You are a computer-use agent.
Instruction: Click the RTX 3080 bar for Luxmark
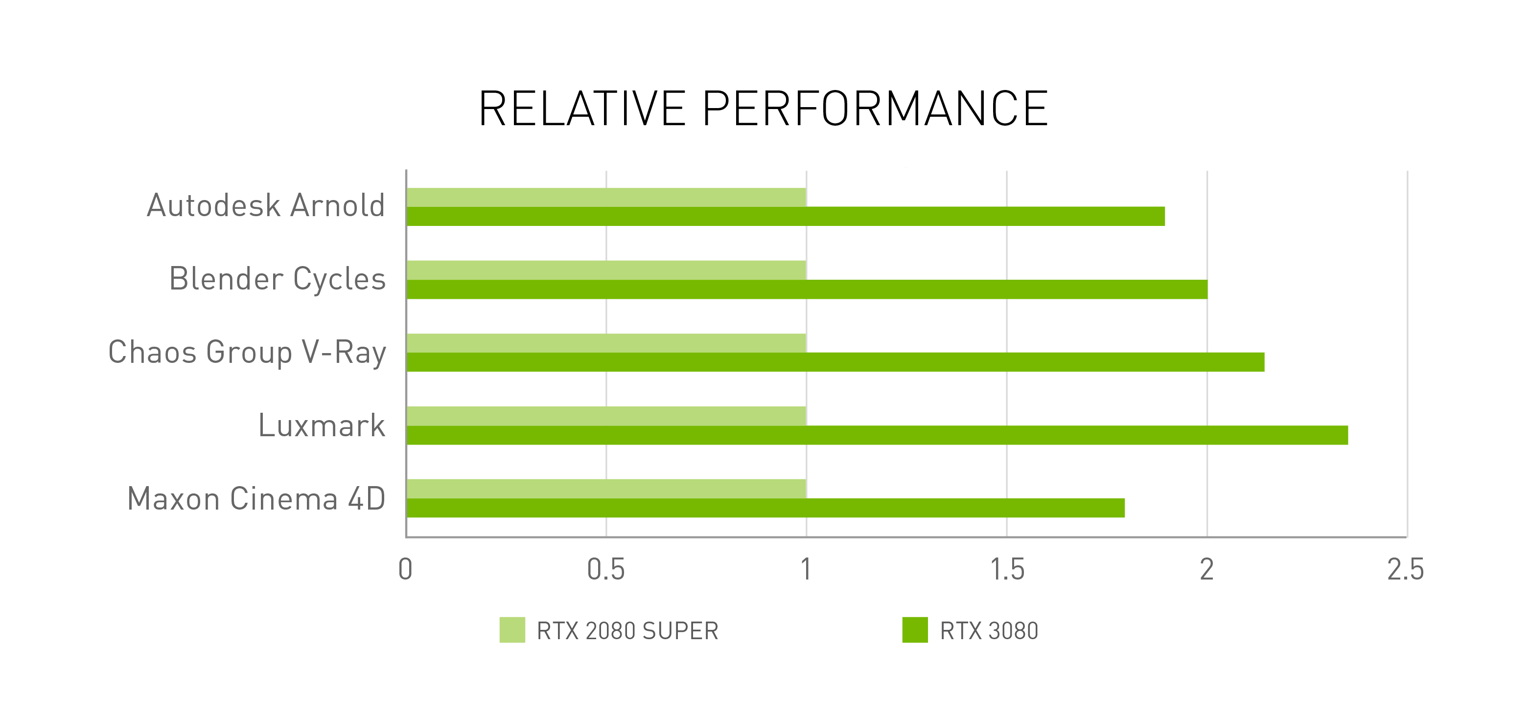click(x=877, y=435)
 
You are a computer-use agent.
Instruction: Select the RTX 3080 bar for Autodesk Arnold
click(x=785, y=217)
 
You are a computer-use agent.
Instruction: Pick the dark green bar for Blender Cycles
click(x=807, y=290)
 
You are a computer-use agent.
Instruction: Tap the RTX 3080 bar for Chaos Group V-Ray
click(x=835, y=362)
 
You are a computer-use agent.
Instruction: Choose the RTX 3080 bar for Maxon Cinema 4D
click(x=765, y=508)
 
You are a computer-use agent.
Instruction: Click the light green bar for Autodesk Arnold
click(x=606, y=197)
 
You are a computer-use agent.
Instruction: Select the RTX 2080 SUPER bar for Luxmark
click(x=606, y=416)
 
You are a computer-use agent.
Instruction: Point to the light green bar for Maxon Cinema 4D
click(x=606, y=489)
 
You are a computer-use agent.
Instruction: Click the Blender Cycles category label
click(x=278, y=279)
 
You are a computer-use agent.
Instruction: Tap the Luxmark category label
click(x=322, y=425)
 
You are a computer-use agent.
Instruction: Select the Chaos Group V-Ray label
click(x=247, y=352)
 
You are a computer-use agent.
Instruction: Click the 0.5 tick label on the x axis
click(x=606, y=570)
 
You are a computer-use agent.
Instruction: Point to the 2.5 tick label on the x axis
click(x=1405, y=570)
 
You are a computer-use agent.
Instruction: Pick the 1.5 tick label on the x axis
click(x=1007, y=570)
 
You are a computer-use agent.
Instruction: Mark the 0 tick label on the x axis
click(x=406, y=570)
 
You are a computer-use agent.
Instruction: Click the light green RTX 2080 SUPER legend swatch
click(x=512, y=630)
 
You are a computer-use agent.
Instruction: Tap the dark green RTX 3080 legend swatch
click(x=915, y=630)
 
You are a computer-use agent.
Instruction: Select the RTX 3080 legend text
click(x=989, y=631)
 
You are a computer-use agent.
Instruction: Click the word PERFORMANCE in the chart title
click(x=875, y=109)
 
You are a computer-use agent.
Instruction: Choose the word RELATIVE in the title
click(x=582, y=109)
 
